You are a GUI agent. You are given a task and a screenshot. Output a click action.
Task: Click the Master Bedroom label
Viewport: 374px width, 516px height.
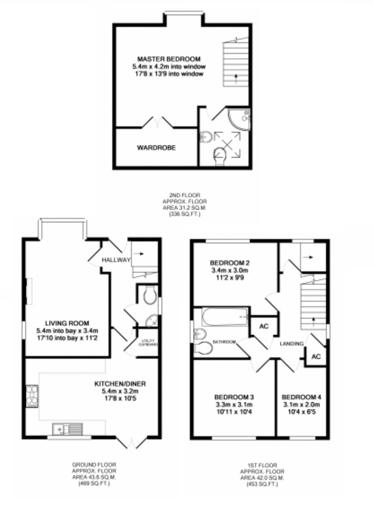(169, 59)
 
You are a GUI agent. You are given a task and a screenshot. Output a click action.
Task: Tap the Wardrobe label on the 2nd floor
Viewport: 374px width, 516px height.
(156, 148)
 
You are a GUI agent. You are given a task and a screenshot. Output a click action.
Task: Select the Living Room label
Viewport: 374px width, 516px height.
(67, 323)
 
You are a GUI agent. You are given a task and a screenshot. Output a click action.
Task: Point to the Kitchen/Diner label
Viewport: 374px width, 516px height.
(120, 384)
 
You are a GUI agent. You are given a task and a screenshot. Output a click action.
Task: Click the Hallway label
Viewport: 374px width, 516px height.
(116, 260)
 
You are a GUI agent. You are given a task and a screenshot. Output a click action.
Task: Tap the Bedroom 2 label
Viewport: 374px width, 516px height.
(230, 263)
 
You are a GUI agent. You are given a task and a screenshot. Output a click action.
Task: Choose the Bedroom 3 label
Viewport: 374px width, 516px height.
(234, 397)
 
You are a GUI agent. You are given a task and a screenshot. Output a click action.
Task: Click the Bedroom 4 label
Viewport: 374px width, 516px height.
(301, 397)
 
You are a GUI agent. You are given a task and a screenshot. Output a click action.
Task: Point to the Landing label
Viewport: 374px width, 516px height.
(291, 343)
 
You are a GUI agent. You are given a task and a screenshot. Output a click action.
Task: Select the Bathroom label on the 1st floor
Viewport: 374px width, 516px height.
(224, 342)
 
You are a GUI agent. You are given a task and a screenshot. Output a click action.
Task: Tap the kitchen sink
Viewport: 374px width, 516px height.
(67, 429)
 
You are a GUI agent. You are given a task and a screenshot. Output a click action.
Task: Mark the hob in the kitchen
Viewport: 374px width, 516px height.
(32, 396)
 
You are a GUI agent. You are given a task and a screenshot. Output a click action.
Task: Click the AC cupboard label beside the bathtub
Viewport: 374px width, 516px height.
(264, 326)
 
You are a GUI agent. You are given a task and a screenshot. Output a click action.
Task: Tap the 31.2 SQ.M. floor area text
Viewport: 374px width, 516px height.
(185, 208)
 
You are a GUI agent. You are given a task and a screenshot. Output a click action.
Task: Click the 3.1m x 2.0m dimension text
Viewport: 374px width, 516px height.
(301, 405)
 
